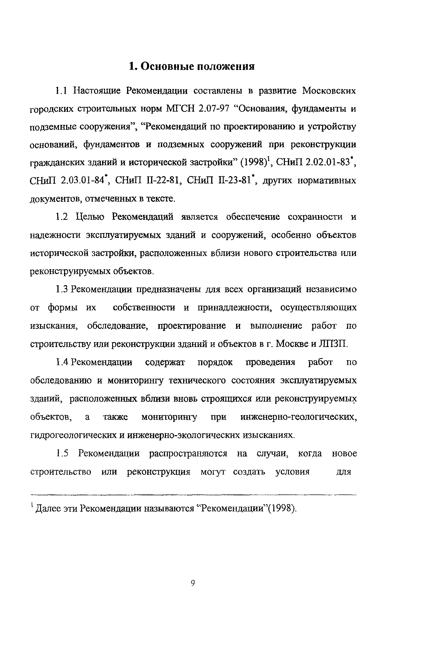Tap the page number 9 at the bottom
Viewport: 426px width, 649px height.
[193, 583]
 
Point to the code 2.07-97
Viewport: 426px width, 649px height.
[214, 108]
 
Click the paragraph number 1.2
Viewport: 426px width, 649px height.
[62, 217]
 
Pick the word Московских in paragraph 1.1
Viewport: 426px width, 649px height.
[329, 90]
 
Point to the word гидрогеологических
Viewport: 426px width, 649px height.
[73, 435]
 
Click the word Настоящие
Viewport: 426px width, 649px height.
[97, 90]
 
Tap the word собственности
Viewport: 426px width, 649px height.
[144, 308]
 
